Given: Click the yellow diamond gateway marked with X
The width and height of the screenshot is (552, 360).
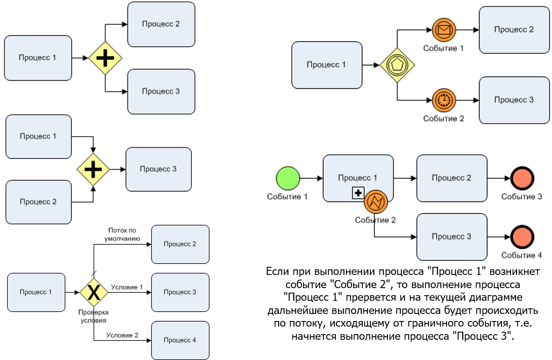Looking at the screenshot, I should click(94, 292).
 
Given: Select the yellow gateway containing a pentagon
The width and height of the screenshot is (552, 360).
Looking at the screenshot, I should click(397, 65).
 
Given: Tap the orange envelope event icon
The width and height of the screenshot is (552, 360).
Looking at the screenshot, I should click(444, 30).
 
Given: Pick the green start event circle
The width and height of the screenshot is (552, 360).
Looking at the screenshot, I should click(288, 179).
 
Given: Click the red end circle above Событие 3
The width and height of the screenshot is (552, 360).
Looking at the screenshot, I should click(522, 179).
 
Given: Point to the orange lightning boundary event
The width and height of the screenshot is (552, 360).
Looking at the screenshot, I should click(376, 202).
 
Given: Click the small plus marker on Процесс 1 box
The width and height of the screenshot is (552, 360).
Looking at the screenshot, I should click(358, 192).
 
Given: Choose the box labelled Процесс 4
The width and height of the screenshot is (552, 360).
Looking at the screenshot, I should click(180, 340).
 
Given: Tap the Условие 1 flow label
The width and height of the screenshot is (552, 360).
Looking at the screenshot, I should click(127, 287).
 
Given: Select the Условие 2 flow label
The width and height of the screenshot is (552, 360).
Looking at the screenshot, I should click(122, 335).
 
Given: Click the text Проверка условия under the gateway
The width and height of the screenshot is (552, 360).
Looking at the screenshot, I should click(93, 316).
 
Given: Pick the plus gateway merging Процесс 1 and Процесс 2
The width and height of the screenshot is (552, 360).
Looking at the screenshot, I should click(93, 169).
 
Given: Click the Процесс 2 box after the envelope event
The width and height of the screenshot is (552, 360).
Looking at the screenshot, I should click(514, 30).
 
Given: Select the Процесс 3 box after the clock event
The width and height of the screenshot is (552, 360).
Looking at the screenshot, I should click(514, 100).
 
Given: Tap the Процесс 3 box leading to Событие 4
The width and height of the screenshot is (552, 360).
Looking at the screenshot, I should click(452, 236).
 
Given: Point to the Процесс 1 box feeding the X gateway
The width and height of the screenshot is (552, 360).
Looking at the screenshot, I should click(36, 292).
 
